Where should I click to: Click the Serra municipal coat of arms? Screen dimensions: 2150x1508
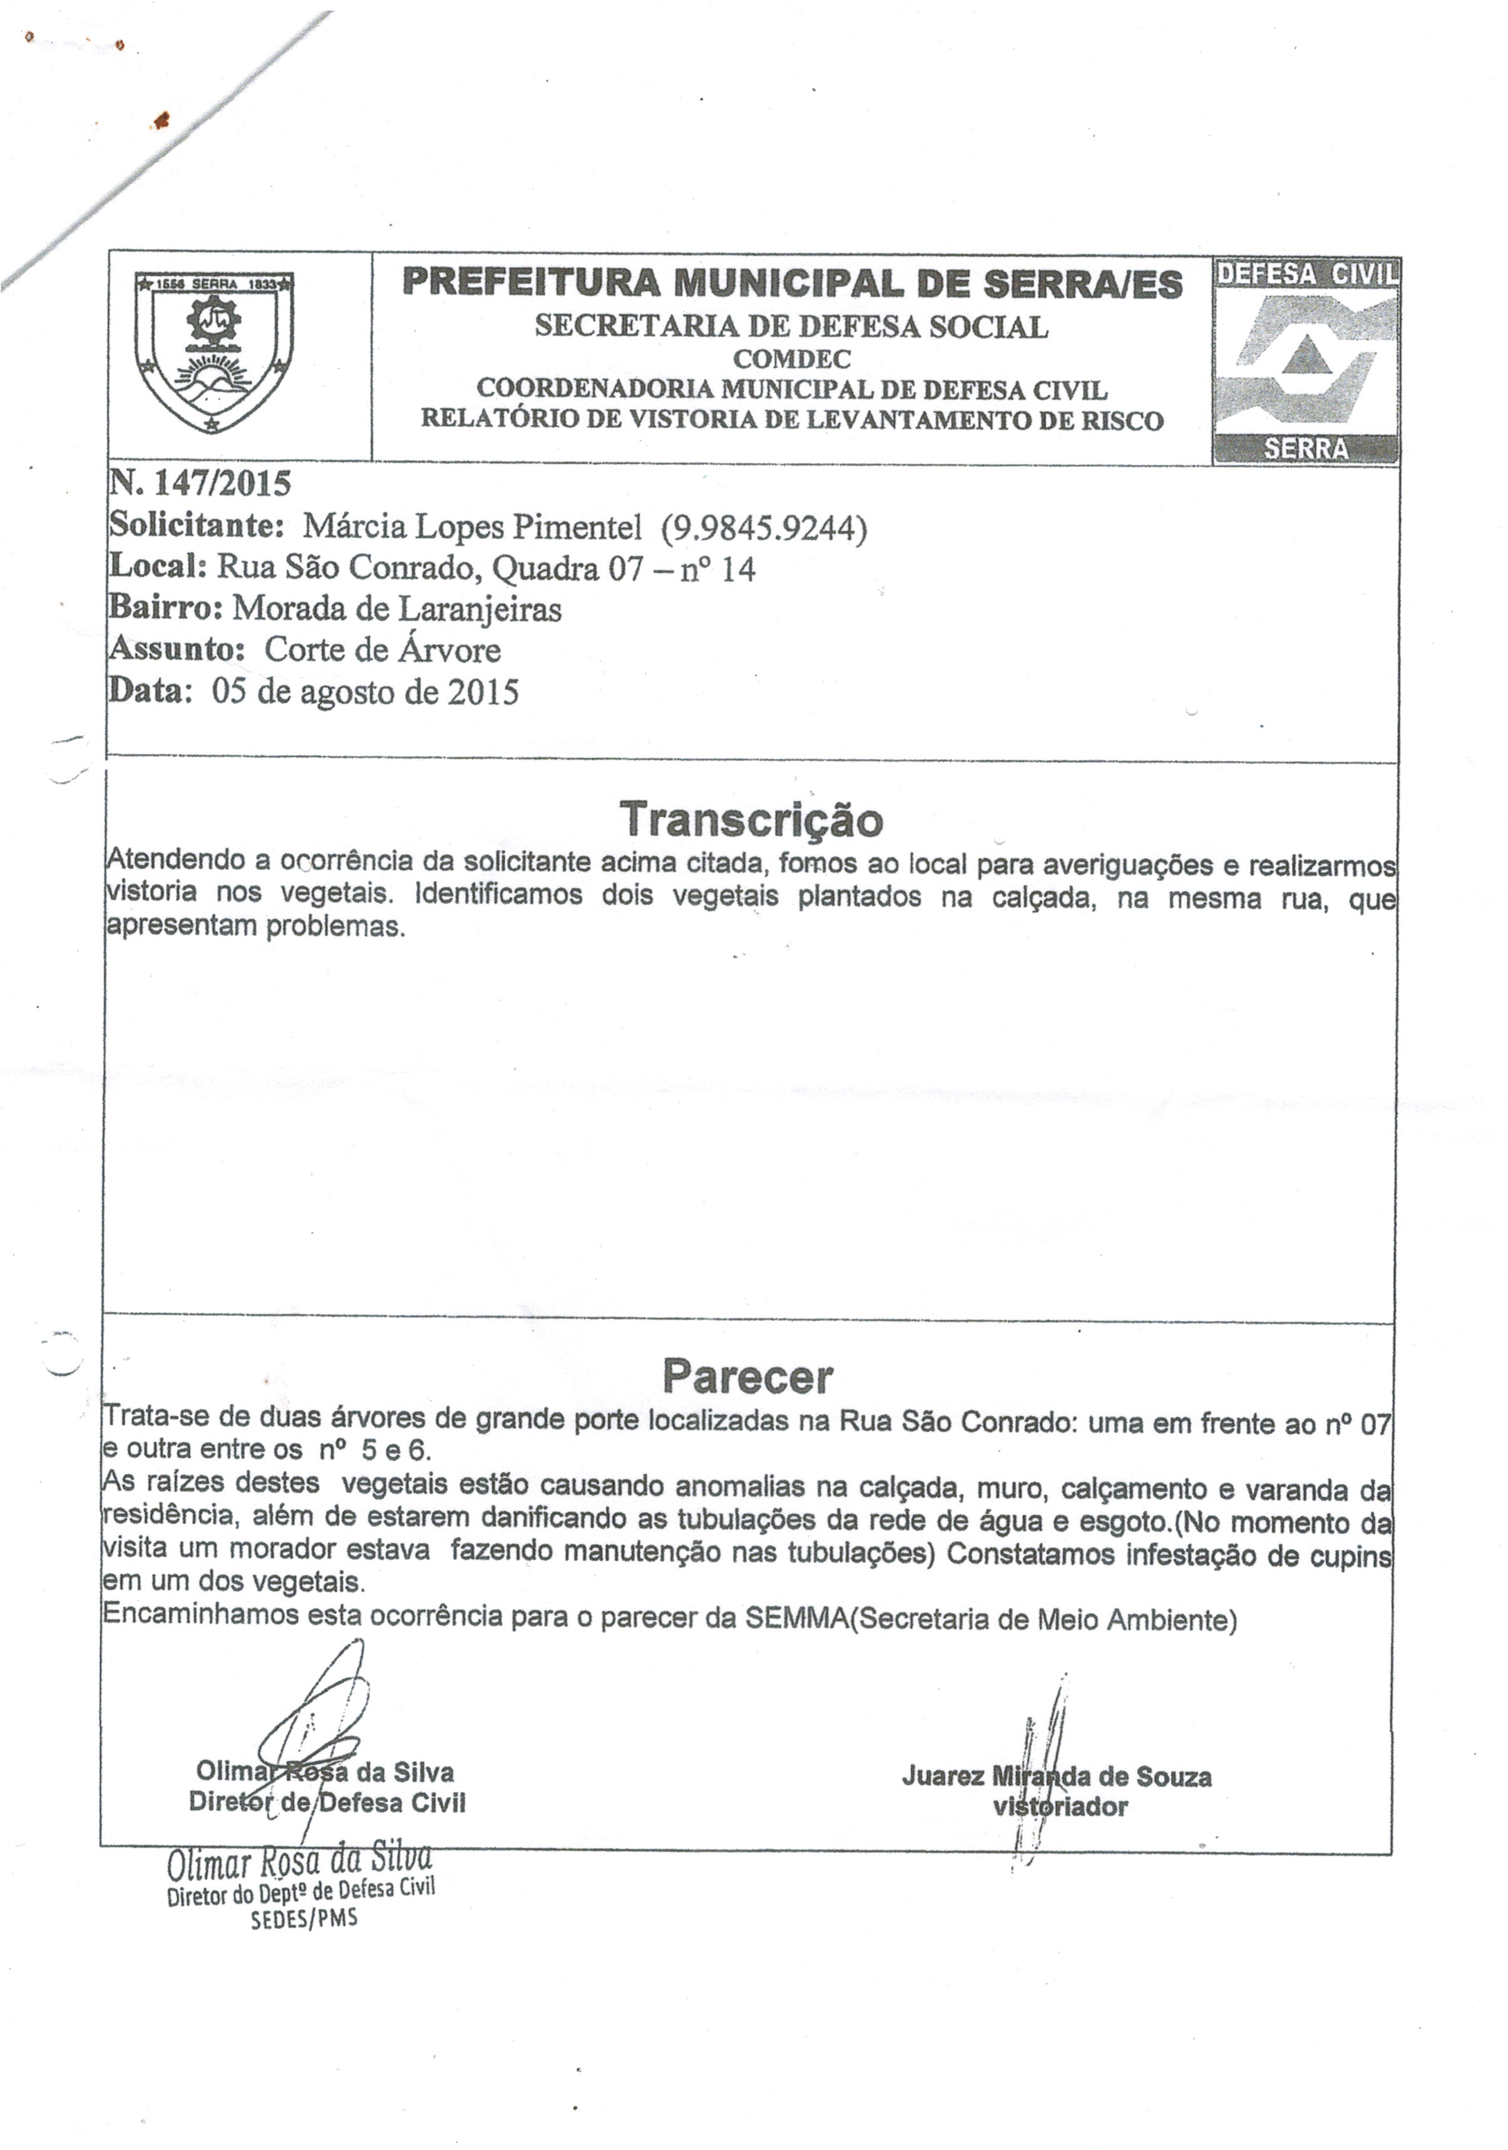click(x=215, y=352)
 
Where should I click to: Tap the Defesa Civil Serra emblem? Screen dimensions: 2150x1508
click(x=1306, y=360)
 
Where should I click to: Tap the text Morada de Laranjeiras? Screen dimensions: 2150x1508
click(x=397, y=609)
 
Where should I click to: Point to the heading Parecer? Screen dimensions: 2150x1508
click(x=747, y=1377)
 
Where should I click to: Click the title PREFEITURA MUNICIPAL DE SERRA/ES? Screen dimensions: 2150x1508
click(x=791, y=283)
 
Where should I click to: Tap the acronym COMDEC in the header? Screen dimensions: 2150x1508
click(x=791, y=359)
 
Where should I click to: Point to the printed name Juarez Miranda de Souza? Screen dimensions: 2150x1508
click(x=1057, y=1776)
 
